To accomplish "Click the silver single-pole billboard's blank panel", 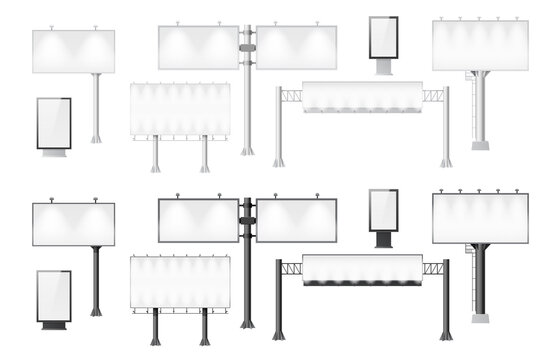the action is pyautogui.click(x=73, y=51).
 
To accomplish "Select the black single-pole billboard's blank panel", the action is pyautogui.click(x=73, y=224).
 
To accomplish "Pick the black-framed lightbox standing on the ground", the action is pyautogui.click(x=54, y=296).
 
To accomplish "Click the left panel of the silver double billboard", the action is pyautogui.click(x=198, y=47).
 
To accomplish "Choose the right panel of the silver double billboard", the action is pyautogui.click(x=296, y=47).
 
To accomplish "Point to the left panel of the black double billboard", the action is pyautogui.click(x=198, y=220).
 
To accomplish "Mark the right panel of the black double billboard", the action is pyautogui.click(x=296, y=220).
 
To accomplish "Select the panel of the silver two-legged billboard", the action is pyautogui.click(x=180, y=108).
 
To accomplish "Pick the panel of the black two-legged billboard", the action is pyautogui.click(x=180, y=282).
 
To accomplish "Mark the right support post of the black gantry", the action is pyautogui.click(x=446, y=300).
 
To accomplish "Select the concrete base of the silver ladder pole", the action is pyautogui.click(x=481, y=144).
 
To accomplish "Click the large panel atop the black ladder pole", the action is pyautogui.click(x=480, y=218).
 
